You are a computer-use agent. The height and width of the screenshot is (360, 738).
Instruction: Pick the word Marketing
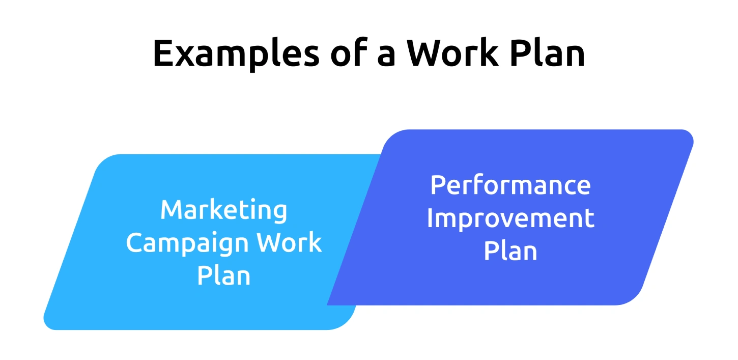223,210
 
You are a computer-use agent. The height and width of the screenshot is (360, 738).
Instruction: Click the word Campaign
188,243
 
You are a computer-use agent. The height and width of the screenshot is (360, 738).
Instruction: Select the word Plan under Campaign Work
223,276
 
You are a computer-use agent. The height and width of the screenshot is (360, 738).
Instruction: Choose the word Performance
510,185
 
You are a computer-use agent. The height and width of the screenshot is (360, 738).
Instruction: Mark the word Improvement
510,218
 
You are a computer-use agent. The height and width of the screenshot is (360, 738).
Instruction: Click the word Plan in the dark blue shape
510,251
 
